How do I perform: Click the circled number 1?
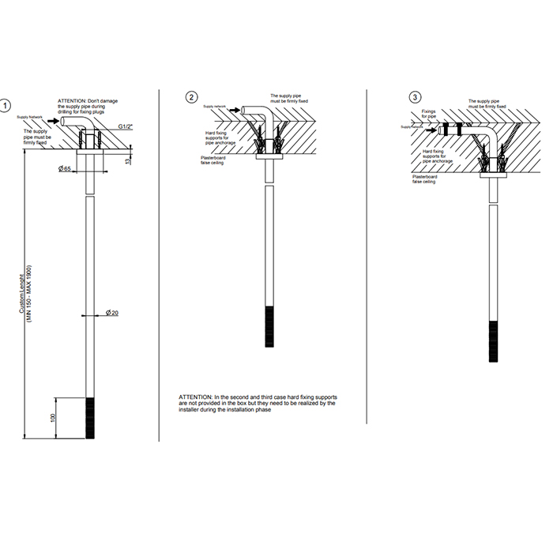coord(7,104)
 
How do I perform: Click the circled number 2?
coord(191,97)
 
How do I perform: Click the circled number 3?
coord(415,97)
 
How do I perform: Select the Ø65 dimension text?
coord(65,169)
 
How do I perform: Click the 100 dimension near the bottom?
coord(55,416)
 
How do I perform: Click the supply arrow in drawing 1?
coord(65,121)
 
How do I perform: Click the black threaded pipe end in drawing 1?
coord(90,417)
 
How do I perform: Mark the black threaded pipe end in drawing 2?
coord(269,325)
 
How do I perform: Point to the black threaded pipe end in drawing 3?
coord(493,340)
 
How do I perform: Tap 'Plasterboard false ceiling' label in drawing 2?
coord(214,160)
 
